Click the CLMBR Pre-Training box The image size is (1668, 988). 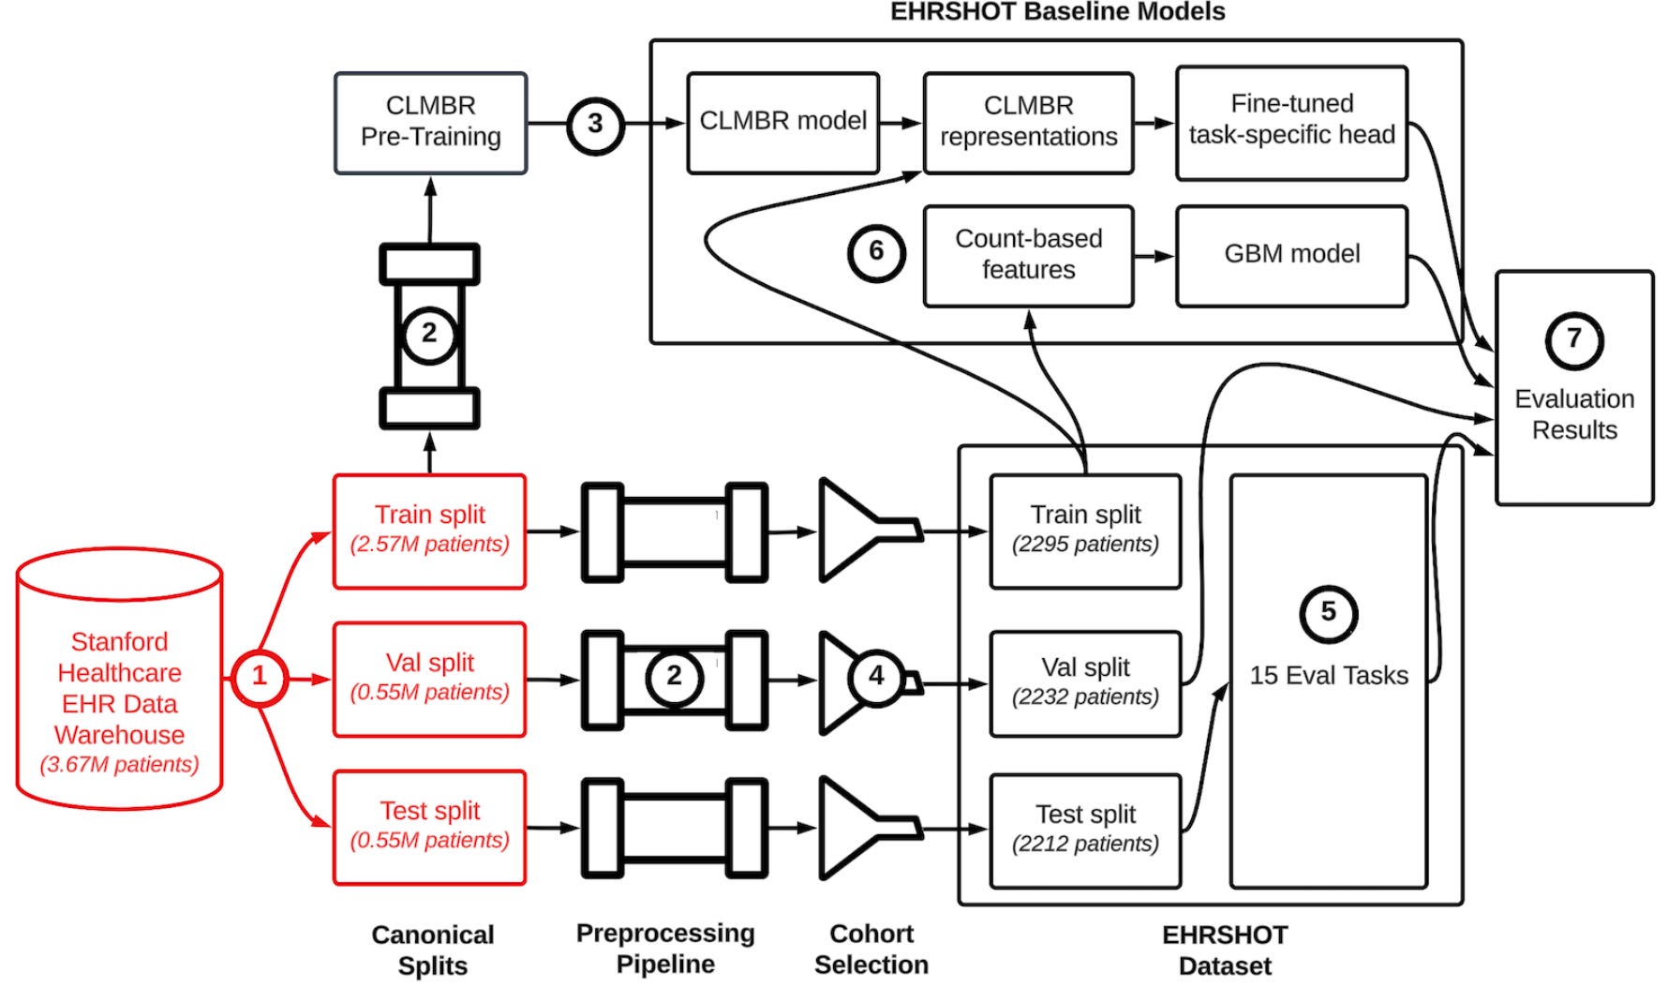pos(430,123)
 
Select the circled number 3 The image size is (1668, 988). pos(595,124)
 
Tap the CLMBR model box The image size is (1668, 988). pos(782,123)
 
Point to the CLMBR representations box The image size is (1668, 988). pos(1028,123)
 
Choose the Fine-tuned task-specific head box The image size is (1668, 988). pos(1291,122)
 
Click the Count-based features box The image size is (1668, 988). pos(1028,255)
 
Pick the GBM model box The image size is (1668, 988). pos(1291,255)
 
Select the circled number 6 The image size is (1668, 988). pos(876,252)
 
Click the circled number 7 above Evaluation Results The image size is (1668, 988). pos(1573,339)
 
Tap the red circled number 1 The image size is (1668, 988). pos(260,677)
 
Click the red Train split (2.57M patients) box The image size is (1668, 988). pos(429,531)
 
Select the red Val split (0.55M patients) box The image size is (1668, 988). pos(429,679)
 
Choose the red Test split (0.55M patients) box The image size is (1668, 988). pos(429,827)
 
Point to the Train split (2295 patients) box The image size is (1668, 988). pos(1085,531)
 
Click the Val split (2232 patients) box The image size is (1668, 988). pos(1085,683)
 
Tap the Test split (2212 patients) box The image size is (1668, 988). pos(1085,831)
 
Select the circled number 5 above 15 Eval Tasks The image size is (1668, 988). pos(1328,613)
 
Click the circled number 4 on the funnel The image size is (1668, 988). pos(876,676)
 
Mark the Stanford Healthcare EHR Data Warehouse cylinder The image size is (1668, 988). pos(119,680)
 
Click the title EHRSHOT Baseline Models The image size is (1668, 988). pos(1057,12)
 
